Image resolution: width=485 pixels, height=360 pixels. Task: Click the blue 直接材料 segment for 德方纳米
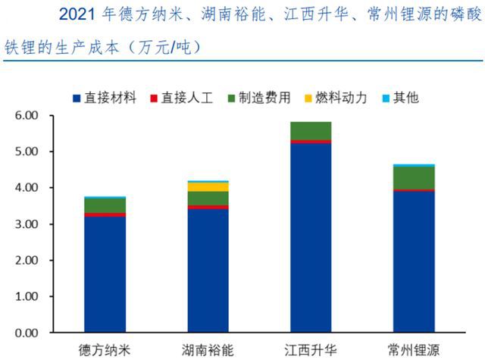point(105,274)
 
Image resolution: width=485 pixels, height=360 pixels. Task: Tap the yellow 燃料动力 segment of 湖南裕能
point(207,186)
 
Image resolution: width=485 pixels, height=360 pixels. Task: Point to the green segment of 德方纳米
point(105,205)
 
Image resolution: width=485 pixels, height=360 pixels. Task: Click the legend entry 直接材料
point(107,98)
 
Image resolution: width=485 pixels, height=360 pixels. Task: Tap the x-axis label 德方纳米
point(105,350)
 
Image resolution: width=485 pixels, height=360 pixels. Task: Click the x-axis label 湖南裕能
point(207,350)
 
